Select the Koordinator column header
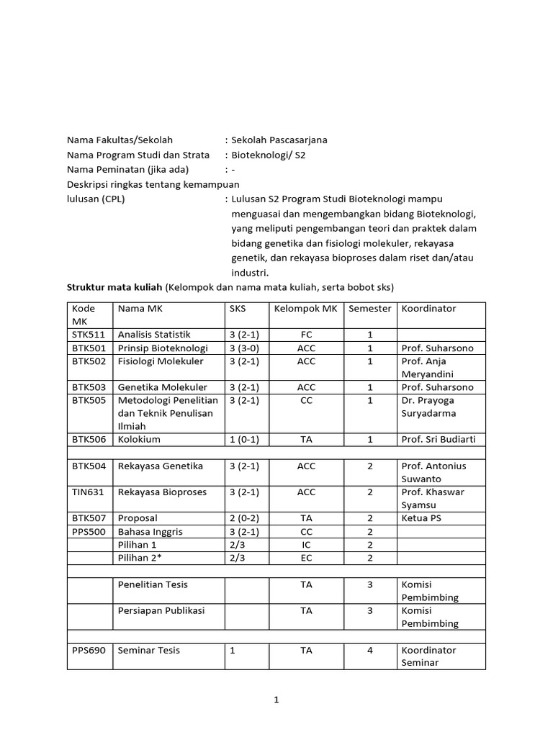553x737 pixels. (x=428, y=309)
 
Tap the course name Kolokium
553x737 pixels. (x=139, y=439)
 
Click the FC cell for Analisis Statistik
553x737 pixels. (x=306, y=335)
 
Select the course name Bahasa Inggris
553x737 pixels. (x=150, y=532)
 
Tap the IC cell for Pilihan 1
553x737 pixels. (x=306, y=545)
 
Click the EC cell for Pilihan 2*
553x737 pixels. (x=306, y=558)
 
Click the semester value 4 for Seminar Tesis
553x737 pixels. (x=369, y=651)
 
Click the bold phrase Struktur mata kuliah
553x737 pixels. (x=114, y=287)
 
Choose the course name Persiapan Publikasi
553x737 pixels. (x=161, y=611)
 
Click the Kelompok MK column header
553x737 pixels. (x=306, y=309)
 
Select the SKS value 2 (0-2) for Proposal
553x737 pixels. (x=244, y=518)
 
